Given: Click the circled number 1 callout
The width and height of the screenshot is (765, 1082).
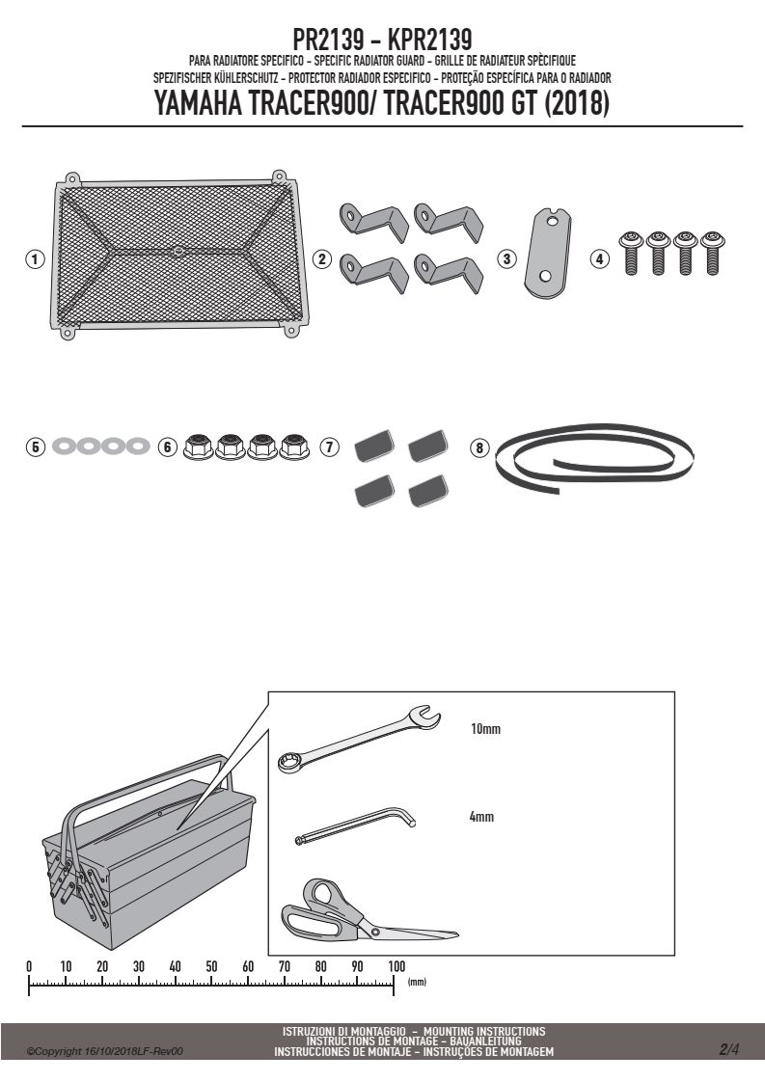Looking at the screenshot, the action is tap(35, 259).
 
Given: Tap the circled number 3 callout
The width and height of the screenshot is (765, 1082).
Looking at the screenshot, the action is tap(507, 258).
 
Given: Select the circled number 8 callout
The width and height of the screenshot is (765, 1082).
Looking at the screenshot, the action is tap(479, 447).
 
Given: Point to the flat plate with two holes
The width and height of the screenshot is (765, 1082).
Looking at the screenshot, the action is tap(548, 254).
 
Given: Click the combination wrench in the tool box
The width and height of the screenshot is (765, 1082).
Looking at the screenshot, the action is tap(359, 738).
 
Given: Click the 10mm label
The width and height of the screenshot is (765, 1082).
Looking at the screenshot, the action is tap(485, 729).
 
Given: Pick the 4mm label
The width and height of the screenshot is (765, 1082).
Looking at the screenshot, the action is tap(481, 817).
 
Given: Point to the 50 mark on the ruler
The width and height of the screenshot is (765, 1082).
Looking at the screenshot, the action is tap(211, 966).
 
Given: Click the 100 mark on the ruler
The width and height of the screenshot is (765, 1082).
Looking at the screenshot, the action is tap(396, 966).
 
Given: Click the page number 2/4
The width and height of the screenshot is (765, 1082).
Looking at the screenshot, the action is tap(729, 1049).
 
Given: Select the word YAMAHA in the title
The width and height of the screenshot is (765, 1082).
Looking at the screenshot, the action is tap(198, 103).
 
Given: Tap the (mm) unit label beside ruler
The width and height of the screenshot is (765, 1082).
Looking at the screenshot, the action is tap(417, 982).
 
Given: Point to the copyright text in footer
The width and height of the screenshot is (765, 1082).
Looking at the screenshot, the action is tap(104, 1051).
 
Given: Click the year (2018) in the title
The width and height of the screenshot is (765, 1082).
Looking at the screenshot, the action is tap(577, 103).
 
